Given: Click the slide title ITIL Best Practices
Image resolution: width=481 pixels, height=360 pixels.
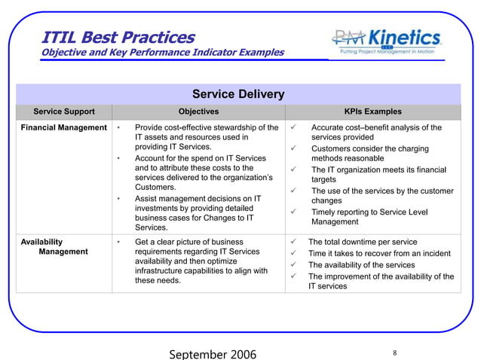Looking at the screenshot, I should (118, 36).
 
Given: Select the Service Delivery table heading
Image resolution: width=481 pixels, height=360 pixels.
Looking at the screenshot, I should (238, 94).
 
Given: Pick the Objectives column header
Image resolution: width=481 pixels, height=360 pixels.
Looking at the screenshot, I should (198, 111).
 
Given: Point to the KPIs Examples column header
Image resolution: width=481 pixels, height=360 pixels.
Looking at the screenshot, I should (372, 111).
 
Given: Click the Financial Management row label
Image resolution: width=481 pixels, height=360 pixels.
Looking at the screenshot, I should (63, 128).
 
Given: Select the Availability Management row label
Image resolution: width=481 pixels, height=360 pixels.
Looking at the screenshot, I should (54, 247).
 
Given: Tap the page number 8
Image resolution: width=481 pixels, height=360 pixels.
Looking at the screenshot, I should (395, 352).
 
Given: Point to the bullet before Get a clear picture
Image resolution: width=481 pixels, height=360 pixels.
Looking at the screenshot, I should (119, 243).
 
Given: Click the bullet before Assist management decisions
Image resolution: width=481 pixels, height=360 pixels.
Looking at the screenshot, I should (119, 199).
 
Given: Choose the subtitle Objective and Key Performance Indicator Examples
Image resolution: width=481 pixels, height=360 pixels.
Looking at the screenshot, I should (162, 53).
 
